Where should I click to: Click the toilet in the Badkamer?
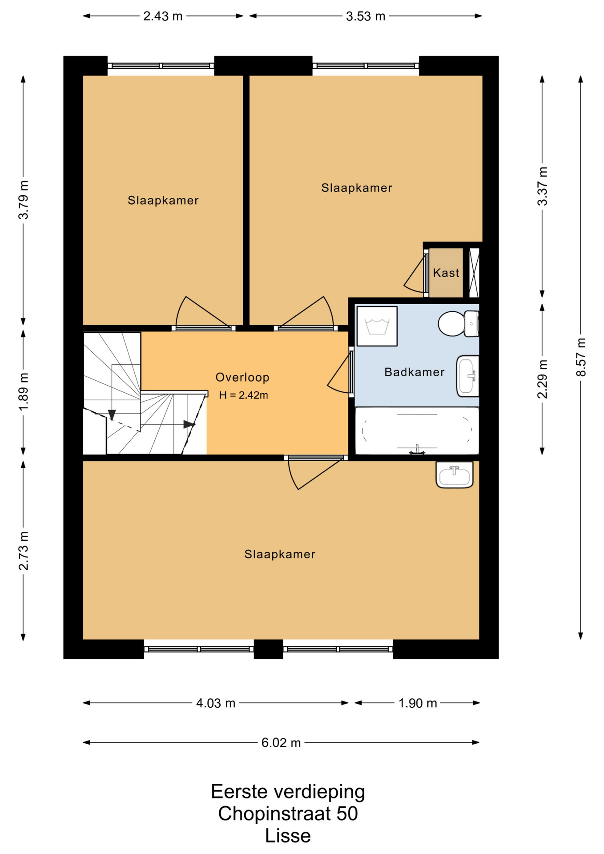point(458,324)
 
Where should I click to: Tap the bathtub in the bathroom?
point(417,431)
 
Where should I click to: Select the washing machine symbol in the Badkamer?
point(377,326)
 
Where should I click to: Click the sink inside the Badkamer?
point(467,376)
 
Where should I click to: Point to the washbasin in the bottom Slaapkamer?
point(455,475)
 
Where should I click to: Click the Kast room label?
point(446,273)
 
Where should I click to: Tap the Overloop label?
point(242,378)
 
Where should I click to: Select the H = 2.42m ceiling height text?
point(243,395)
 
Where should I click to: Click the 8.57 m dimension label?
point(581,357)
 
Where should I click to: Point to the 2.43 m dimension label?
point(163,16)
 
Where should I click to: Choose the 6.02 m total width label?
point(281,742)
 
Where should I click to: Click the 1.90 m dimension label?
point(418,703)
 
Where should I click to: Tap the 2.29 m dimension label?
point(542,379)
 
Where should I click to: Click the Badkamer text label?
point(415,372)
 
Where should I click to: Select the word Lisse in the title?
point(288,836)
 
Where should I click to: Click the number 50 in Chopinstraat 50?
point(347,814)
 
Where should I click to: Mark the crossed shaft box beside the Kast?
point(474,273)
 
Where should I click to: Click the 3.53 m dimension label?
point(366,16)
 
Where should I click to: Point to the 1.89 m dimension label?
point(24,392)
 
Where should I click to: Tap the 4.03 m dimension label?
point(216,703)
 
